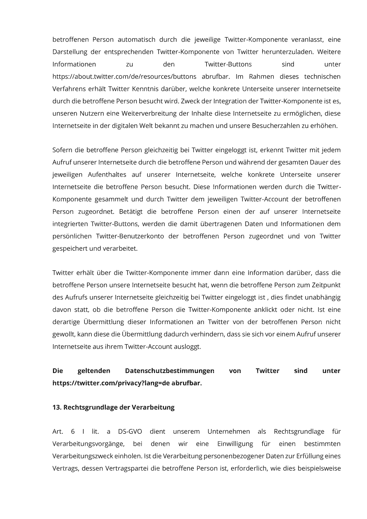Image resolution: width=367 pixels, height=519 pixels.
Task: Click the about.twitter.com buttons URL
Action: point(124,77)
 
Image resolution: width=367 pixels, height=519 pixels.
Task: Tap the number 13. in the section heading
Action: point(57,407)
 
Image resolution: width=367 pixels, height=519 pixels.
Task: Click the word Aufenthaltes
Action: point(107,175)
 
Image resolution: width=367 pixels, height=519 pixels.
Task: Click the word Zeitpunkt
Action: point(326,285)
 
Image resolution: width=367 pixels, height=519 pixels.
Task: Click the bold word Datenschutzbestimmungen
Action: point(170,371)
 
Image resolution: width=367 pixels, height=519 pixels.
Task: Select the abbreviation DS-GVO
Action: point(130,432)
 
